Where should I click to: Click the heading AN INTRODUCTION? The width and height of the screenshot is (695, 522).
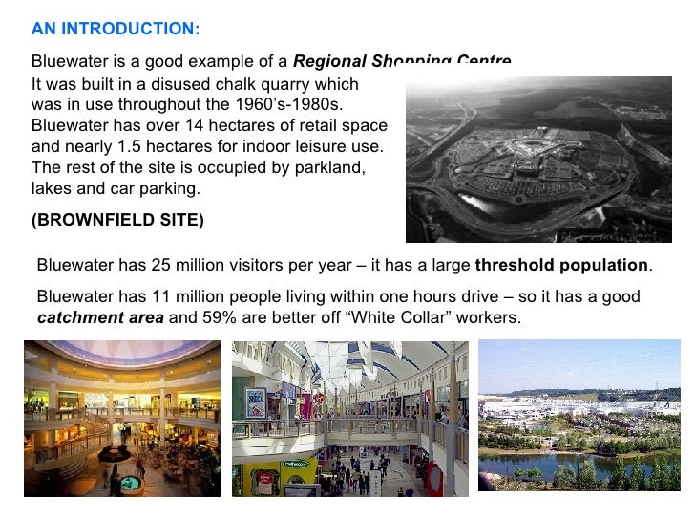click(116, 29)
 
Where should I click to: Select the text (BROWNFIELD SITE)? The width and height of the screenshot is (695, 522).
click(117, 219)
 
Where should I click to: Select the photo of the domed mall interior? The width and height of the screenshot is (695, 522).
click(122, 418)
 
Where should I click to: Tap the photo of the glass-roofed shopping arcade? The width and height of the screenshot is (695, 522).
click(350, 418)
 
